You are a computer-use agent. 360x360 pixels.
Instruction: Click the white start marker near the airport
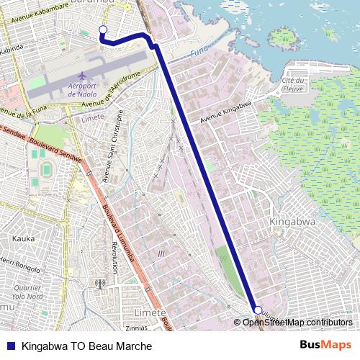point(102,30)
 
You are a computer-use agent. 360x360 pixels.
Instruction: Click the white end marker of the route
point(258,310)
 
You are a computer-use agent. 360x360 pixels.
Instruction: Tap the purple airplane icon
point(81,76)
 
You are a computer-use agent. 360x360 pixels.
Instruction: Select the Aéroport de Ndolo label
point(82,90)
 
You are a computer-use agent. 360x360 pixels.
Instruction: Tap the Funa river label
point(199,53)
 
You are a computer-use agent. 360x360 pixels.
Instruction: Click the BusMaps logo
point(330,345)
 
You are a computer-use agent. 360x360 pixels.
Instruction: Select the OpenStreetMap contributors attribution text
point(297,322)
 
